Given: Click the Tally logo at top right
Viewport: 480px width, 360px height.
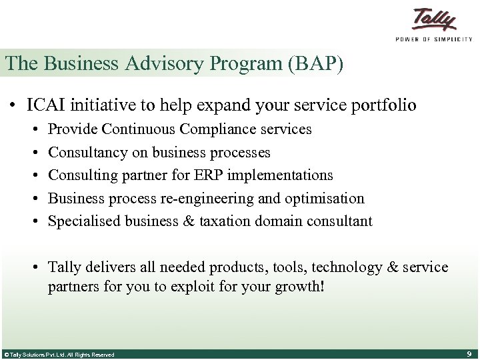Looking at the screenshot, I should click(x=433, y=19).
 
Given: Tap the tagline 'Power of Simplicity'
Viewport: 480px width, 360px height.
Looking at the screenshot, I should click(x=433, y=39).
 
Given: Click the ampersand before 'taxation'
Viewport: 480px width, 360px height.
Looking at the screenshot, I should click(x=189, y=221).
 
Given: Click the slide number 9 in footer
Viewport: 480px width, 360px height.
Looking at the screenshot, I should click(x=469, y=354).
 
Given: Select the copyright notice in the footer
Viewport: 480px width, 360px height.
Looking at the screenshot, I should click(x=59, y=355).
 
